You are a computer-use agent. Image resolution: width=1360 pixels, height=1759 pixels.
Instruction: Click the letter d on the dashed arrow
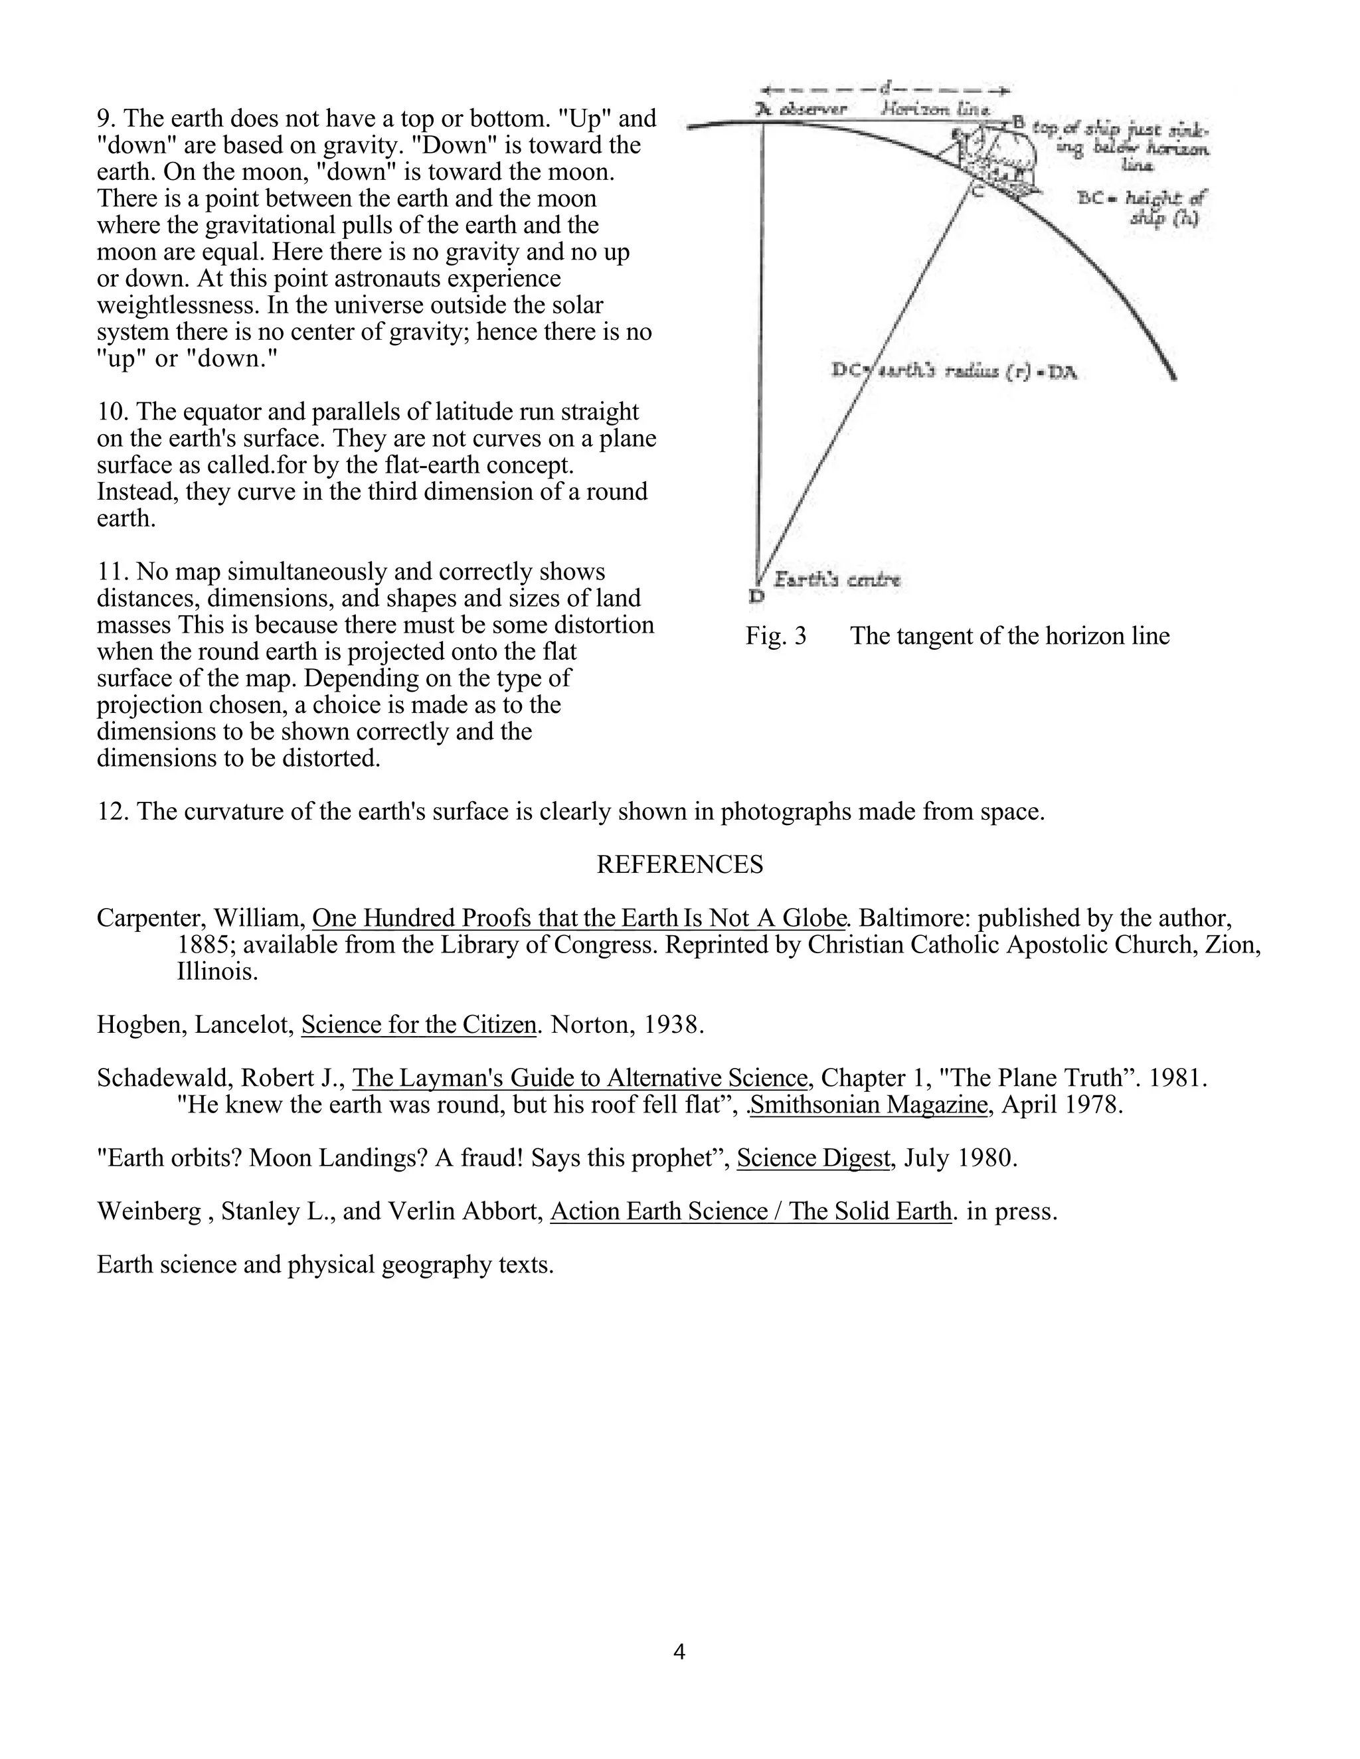[x=885, y=86]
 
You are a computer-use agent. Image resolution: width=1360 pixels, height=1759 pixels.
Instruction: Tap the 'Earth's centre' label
[x=837, y=579]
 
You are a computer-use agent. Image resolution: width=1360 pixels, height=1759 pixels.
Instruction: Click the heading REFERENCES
[x=679, y=864]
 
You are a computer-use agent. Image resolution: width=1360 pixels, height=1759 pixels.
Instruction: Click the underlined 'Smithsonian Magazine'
[x=869, y=1105]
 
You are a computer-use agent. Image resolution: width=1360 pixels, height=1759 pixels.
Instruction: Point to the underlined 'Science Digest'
[x=813, y=1158]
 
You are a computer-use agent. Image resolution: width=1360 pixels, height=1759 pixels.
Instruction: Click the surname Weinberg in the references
[x=148, y=1211]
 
